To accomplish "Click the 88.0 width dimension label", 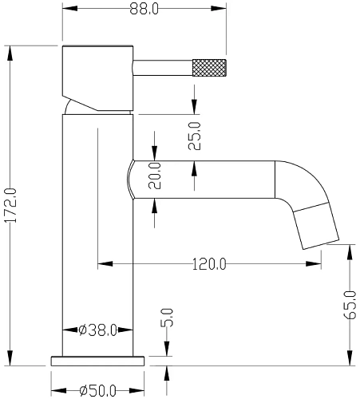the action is [x=144, y=9].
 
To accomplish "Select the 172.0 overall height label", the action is [x=11, y=205].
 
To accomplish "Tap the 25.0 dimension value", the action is [x=195, y=136].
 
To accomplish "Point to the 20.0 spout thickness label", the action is [x=155, y=176].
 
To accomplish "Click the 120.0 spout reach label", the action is [x=209, y=264].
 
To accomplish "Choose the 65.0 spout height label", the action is [x=350, y=305].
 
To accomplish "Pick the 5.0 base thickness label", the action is [x=167, y=318].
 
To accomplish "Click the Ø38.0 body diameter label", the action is [x=98, y=330].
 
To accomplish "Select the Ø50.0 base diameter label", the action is [x=98, y=391].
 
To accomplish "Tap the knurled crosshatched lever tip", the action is [x=209, y=68].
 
